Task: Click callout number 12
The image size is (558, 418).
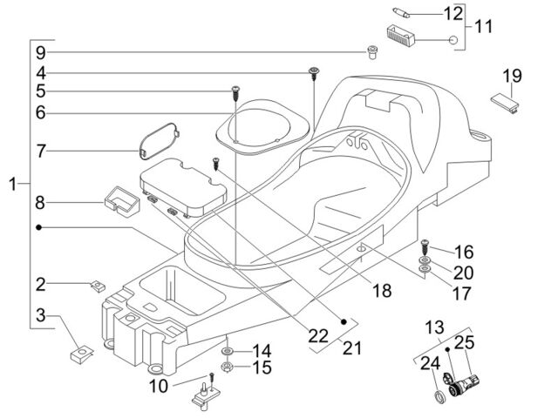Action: coord(453,14)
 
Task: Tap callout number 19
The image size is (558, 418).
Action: coord(512,76)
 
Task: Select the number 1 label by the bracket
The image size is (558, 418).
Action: coord(13,185)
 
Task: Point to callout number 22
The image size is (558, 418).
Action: coord(317,335)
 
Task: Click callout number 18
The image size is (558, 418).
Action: coord(382,290)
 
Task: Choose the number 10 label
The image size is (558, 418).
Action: coord(159,386)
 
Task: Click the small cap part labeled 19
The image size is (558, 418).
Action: coord(505,102)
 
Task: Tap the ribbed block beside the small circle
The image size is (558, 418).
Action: coord(401,36)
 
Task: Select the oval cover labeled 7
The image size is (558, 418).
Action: coord(159,140)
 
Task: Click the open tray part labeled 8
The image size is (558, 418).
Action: coord(121,201)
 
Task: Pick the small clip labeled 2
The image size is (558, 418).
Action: coord(98,286)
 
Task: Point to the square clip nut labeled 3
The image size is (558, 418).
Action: coord(81,354)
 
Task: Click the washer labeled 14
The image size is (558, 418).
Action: coord(227,352)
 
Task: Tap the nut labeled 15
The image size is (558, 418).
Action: coord(227,367)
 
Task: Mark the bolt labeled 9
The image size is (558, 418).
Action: coord(372,52)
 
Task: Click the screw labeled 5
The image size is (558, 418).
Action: coord(235,93)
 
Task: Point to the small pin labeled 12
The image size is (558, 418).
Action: coord(401,12)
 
